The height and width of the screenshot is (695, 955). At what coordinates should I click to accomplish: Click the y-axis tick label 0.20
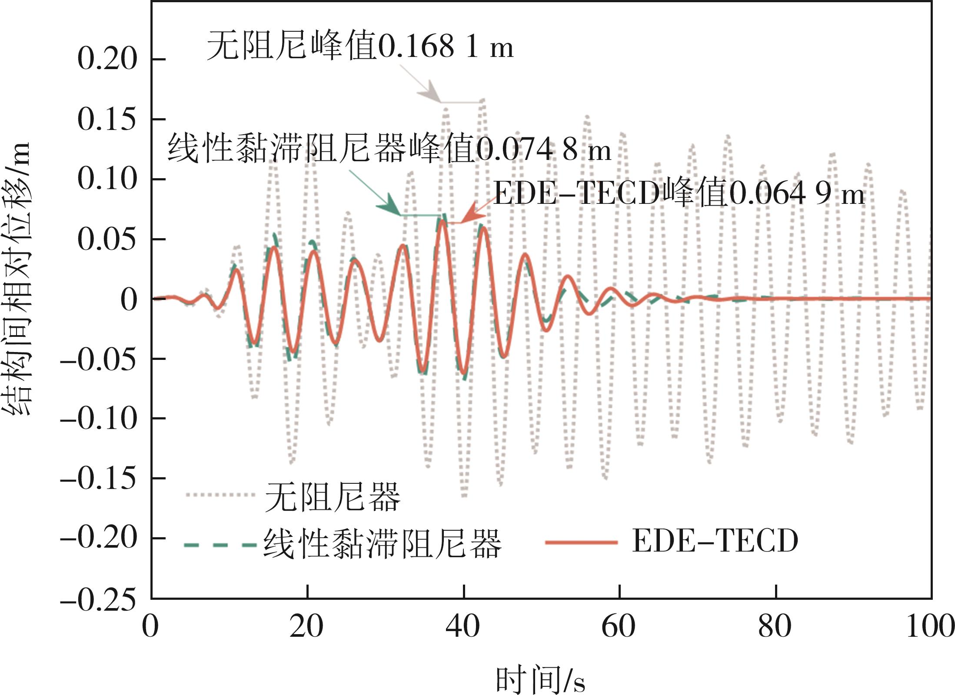click(x=107, y=59)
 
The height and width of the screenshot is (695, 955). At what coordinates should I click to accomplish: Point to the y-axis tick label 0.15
click(x=107, y=119)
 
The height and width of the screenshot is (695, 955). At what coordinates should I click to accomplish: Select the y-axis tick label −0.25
click(x=98, y=601)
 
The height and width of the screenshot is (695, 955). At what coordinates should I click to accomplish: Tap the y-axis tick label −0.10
click(x=98, y=419)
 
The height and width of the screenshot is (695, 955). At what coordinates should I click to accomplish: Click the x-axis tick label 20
click(x=306, y=627)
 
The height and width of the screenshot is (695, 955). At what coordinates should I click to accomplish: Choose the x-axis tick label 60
click(x=619, y=627)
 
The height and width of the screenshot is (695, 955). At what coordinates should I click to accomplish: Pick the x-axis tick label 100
click(x=930, y=627)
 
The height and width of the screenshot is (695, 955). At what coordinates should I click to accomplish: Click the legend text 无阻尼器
click(x=333, y=497)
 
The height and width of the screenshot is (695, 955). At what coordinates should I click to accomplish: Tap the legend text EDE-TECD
click(x=715, y=542)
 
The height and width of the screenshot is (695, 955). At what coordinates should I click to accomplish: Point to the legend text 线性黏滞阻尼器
click(x=383, y=543)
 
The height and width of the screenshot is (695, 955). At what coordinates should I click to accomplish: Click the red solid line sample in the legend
click(x=581, y=542)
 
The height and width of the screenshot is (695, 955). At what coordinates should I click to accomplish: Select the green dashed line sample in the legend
click(x=220, y=544)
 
